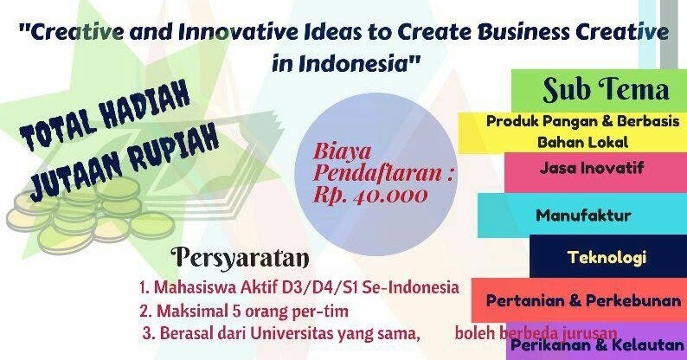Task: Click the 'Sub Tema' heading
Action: pos(606,89)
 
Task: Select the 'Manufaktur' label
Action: pos(583,215)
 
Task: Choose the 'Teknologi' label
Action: pos(607,258)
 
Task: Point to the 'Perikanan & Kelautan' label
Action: pos(596,345)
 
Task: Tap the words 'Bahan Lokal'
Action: pos(581,140)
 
